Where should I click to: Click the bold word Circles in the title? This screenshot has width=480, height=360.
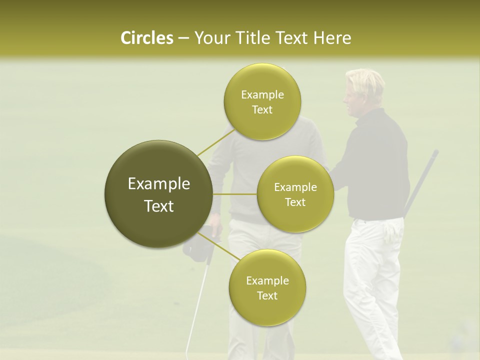tap(146, 38)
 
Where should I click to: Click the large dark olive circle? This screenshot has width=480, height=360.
tap(158, 194)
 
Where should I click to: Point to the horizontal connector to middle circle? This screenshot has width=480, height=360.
tap(235, 194)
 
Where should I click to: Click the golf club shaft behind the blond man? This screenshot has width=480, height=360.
tap(422, 180)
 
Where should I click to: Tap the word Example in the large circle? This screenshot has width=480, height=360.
tap(158, 184)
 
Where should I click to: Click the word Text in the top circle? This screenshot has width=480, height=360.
tap(262, 110)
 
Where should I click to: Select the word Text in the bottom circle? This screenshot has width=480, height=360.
tap(267, 295)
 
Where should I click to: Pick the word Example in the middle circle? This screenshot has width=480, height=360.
tap(295, 187)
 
